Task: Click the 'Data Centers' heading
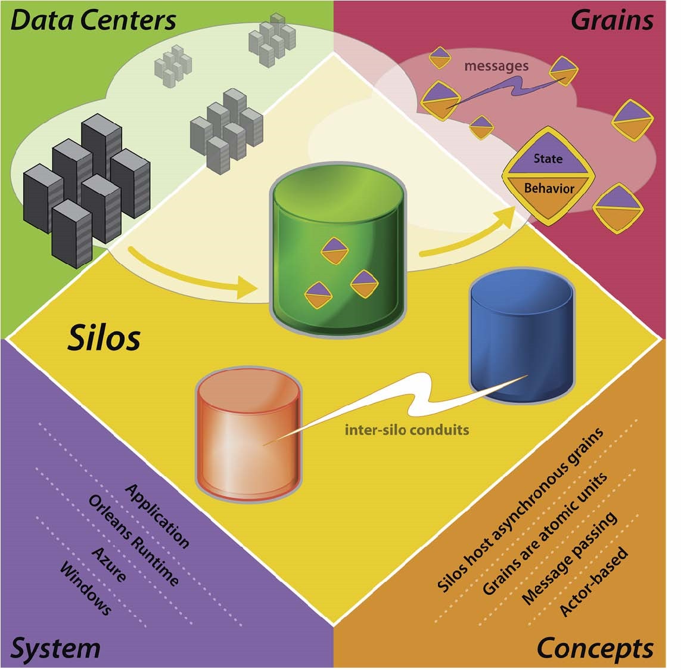click(93, 20)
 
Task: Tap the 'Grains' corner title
click(612, 20)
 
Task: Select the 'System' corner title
click(55, 649)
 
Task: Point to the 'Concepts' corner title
click(595, 649)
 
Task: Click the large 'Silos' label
click(104, 337)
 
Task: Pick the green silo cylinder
click(337, 249)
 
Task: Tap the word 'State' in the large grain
click(548, 159)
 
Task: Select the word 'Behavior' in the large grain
click(549, 188)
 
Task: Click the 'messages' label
click(496, 66)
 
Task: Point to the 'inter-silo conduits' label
click(407, 430)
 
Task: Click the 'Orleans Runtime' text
click(133, 541)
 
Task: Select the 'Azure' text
click(109, 564)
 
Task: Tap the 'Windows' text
click(86, 588)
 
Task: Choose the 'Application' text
click(157, 516)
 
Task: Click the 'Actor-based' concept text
click(593, 581)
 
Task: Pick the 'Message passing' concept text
click(569, 559)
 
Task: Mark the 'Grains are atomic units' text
click(545, 534)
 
